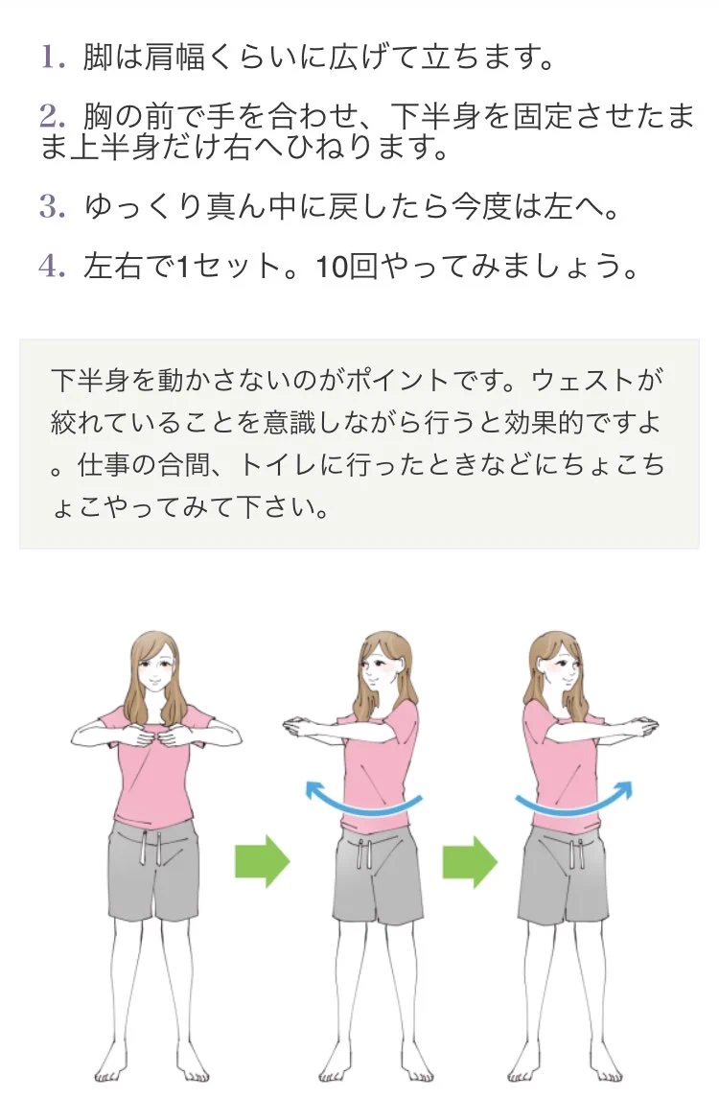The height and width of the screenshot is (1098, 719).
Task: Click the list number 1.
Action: (53, 57)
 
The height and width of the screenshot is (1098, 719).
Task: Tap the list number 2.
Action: (53, 116)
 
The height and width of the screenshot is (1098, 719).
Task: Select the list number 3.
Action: (53, 206)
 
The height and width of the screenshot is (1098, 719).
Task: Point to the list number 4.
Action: (53, 266)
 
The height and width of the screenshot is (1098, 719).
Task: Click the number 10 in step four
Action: (332, 267)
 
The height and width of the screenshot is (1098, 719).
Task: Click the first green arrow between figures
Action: (262, 860)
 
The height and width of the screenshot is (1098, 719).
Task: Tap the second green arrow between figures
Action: (470, 860)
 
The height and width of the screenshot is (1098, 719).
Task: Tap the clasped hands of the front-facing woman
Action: (156, 736)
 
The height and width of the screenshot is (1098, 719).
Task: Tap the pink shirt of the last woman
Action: (560, 767)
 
